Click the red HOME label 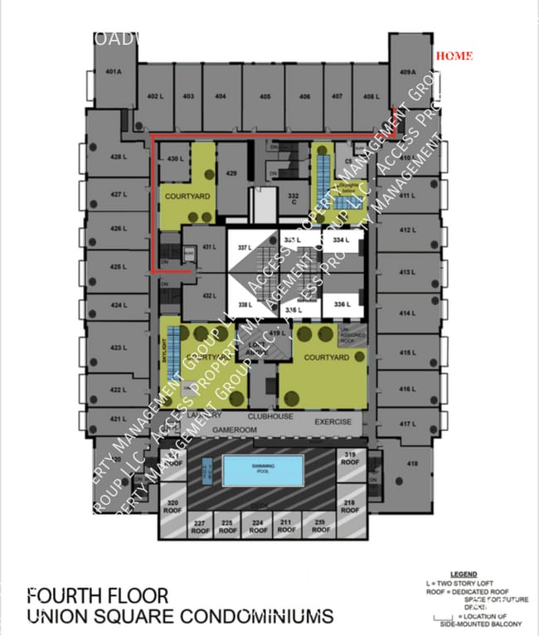(x=454, y=56)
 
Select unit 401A (x=114, y=72)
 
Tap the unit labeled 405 (x=265, y=97)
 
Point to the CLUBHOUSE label (x=269, y=416)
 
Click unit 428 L (x=119, y=157)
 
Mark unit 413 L (x=406, y=272)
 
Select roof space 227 (x=199, y=526)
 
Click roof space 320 (x=172, y=507)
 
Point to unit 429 (x=232, y=173)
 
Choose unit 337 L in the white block (x=244, y=248)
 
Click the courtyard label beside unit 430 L (x=187, y=196)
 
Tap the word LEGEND (x=463, y=574)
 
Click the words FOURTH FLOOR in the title (x=98, y=595)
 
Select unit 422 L (x=119, y=390)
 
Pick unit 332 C (x=293, y=200)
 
